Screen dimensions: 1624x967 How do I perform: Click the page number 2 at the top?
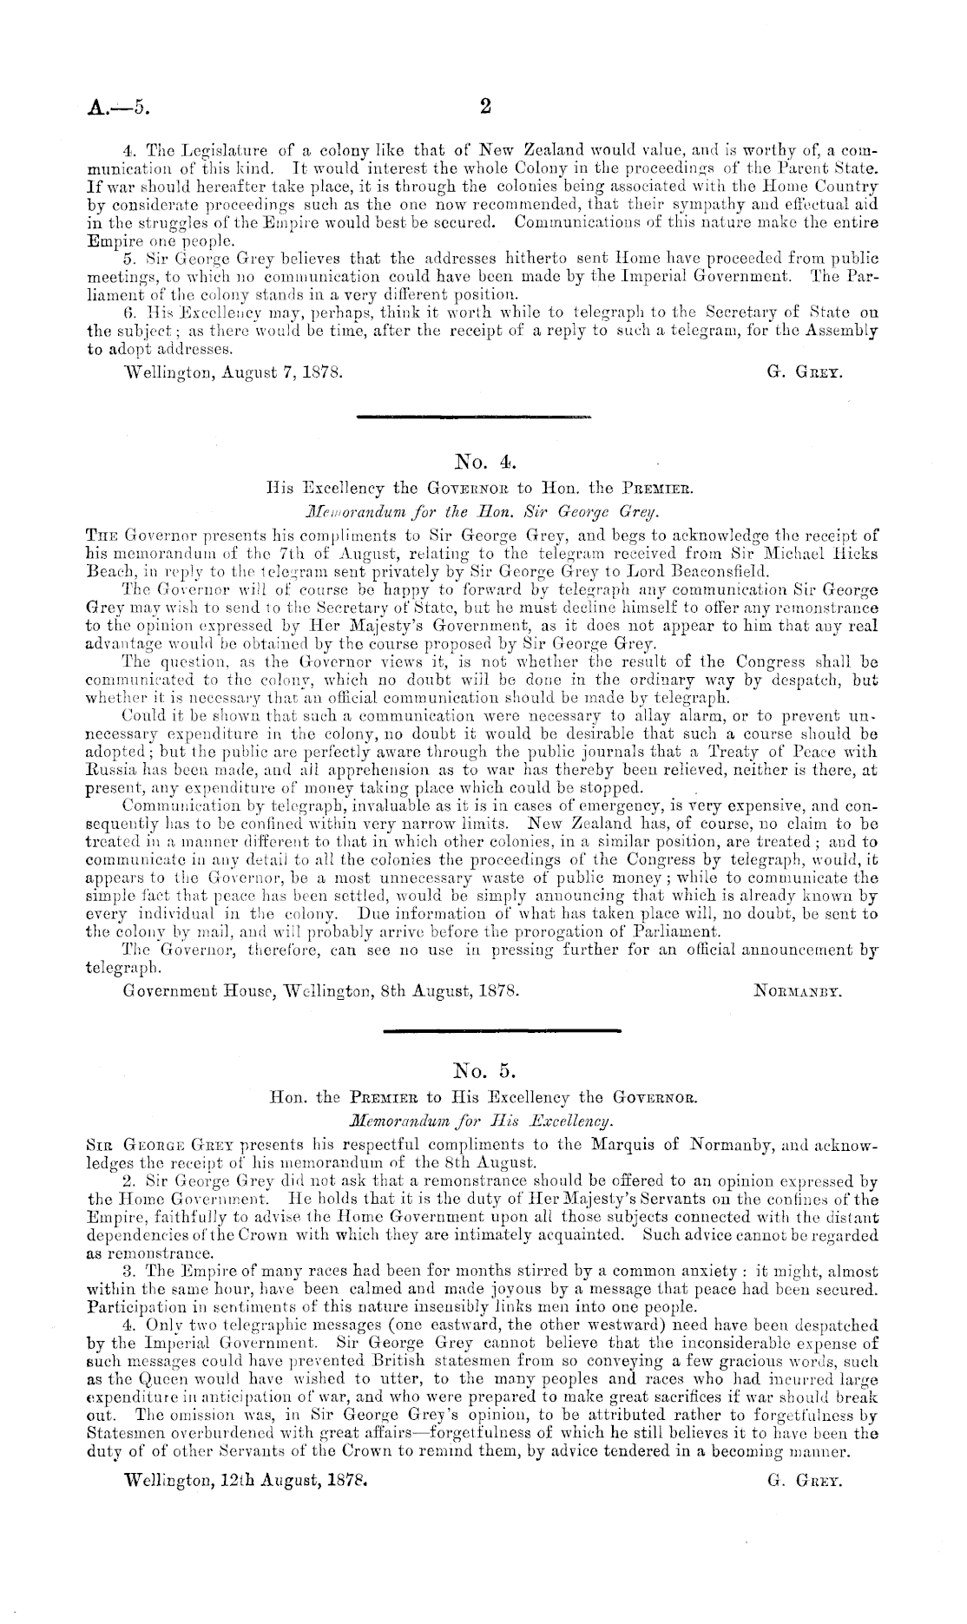click(x=485, y=107)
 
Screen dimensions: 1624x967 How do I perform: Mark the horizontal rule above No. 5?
click(x=502, y=1030)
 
